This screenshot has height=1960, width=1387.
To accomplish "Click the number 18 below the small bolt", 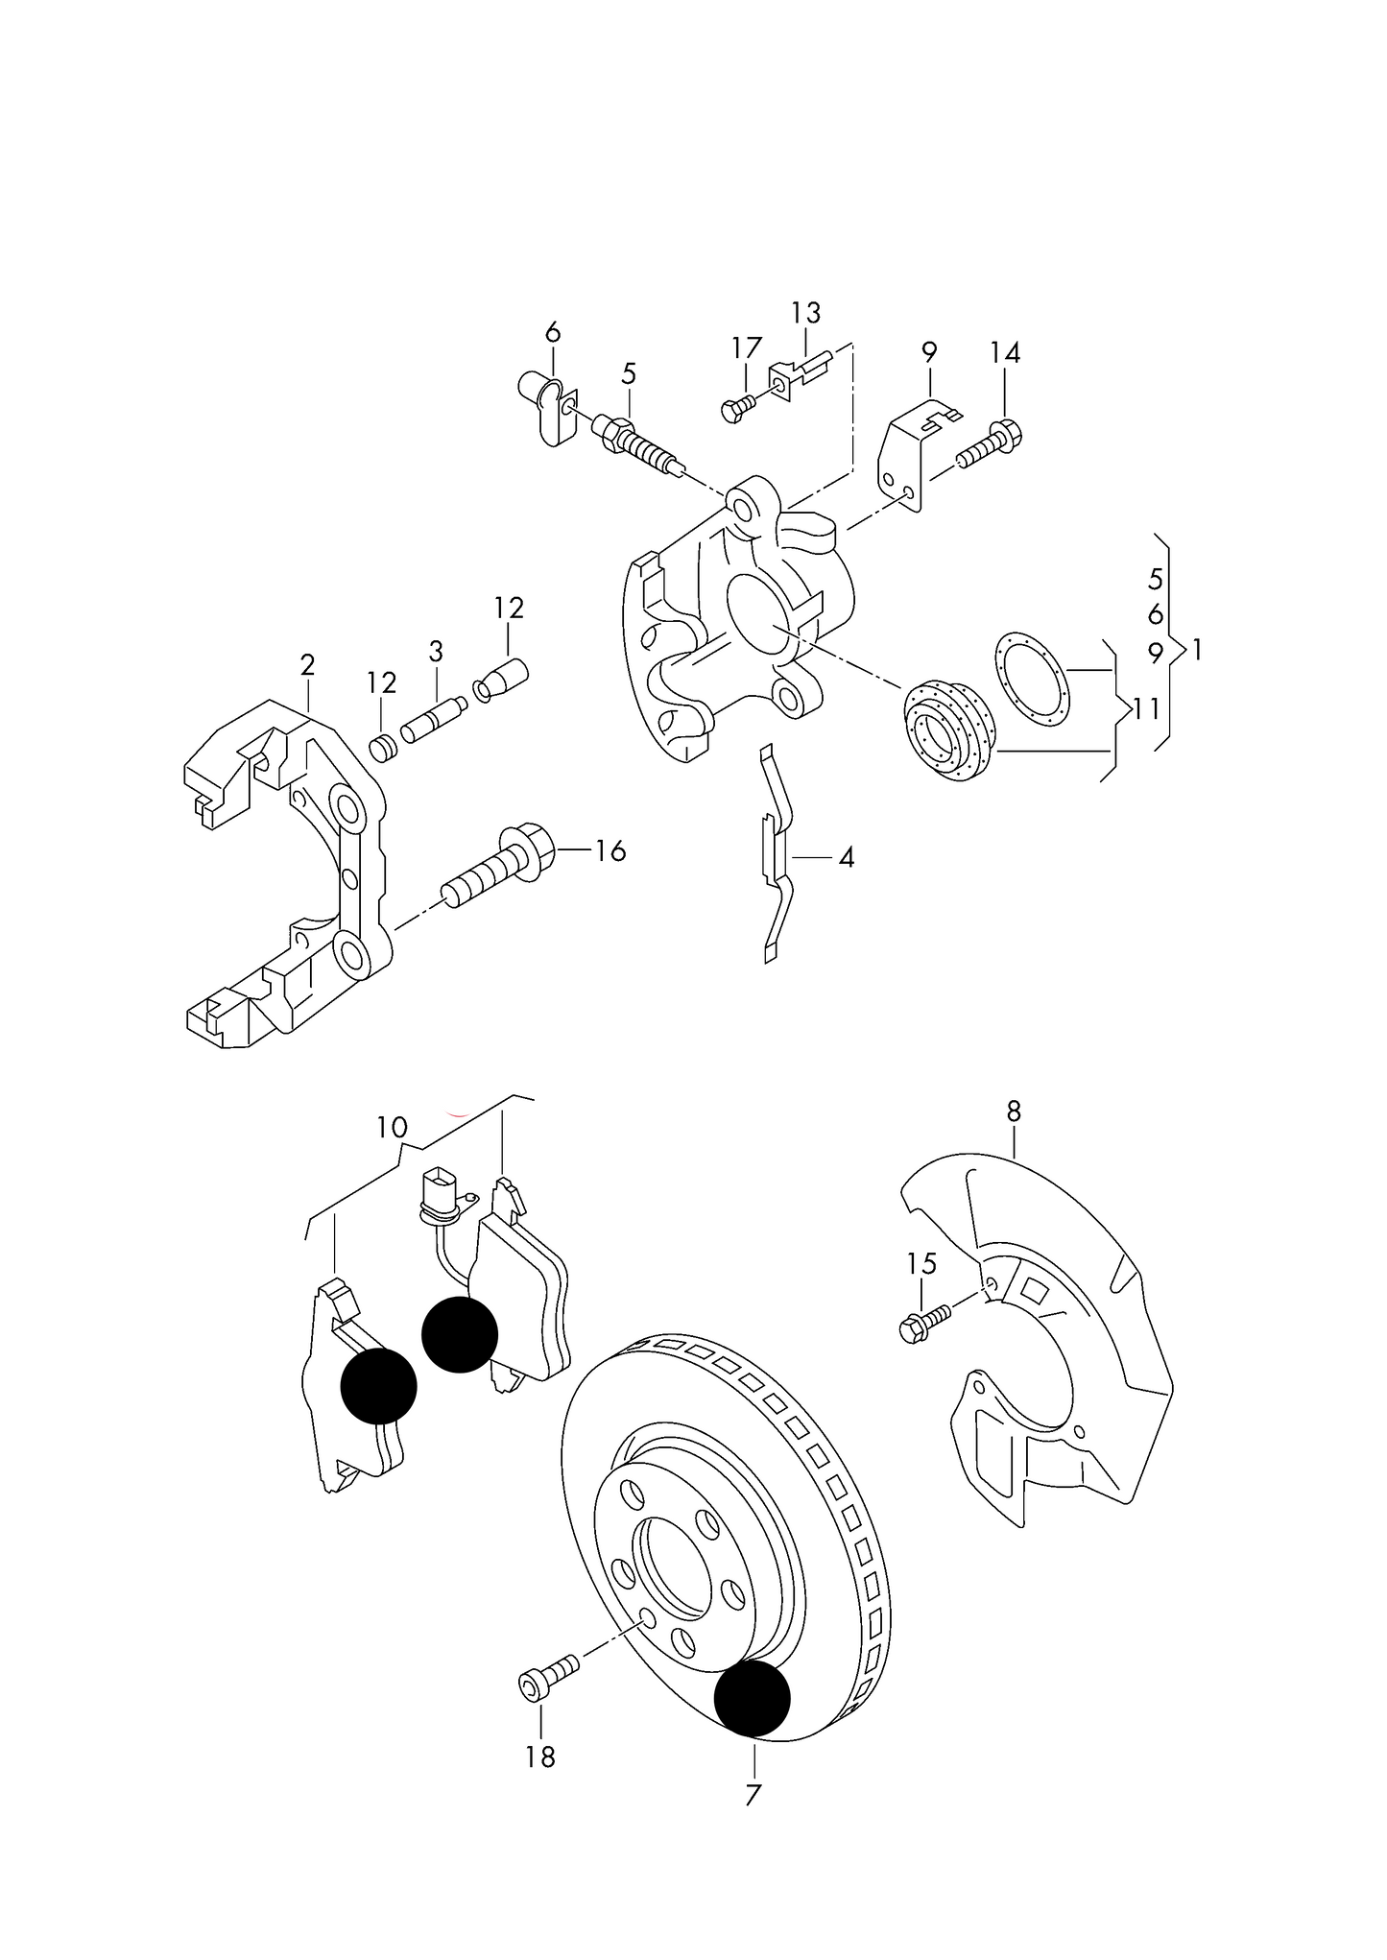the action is [540, 1757].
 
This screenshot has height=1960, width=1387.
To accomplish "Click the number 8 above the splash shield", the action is [1014, 1111].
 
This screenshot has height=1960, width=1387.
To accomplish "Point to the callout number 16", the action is [610, 850].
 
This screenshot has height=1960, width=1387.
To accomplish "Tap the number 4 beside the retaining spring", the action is [846, 857].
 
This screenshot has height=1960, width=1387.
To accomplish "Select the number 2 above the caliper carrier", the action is [307, 664].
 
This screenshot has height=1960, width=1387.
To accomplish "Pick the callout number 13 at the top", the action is [806, 313].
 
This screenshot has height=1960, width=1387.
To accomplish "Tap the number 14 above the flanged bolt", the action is [1005, 352].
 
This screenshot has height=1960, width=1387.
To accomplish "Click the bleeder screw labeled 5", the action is [636, 442].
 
